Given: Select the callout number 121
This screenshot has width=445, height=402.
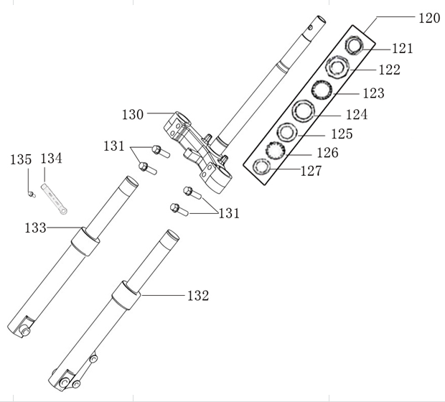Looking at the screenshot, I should click(x=403, y=48).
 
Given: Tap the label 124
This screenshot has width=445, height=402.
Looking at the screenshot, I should click(x=356, y=114).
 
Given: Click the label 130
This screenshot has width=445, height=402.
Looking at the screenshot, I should click(x=133, y=114).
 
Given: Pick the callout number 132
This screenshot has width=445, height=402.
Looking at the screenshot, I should click(x=197, y=295).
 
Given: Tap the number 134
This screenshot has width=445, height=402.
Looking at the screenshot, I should click(x=52, y=158).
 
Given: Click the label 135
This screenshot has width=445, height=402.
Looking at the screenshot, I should click(x=21, y=159).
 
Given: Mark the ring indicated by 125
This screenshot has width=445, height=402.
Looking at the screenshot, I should click(x=288, y=132).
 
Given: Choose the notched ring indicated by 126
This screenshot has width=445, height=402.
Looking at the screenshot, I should click(x=273, y=150).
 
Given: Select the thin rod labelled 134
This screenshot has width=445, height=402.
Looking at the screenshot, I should click(x=54, y=199).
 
